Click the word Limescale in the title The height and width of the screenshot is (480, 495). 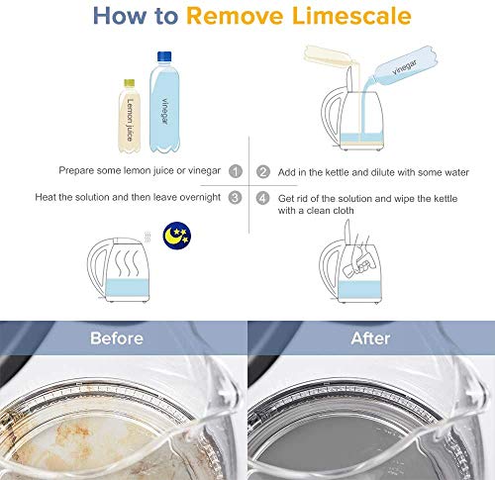coord(351,16)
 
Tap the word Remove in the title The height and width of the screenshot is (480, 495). coord(235,16)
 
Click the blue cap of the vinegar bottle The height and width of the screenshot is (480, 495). coord(164,56)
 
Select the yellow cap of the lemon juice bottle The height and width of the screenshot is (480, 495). coord(129,83)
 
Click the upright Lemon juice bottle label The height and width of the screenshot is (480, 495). coord(130,120)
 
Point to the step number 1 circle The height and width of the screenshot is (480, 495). coord(236,171)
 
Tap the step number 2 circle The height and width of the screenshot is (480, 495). coord(263,172)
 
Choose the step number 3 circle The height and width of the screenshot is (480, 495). coord(235,197)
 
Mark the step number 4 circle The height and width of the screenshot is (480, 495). coord(262,198)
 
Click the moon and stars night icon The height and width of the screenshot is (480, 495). coord(177,236)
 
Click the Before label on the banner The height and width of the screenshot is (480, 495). coord(117,338)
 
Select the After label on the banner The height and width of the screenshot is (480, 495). coord(370,338)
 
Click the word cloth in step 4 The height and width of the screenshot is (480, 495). coord(343,211)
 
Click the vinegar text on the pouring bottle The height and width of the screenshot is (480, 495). coord(405,67)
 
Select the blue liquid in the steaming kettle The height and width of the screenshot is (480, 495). coord(127,288)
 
